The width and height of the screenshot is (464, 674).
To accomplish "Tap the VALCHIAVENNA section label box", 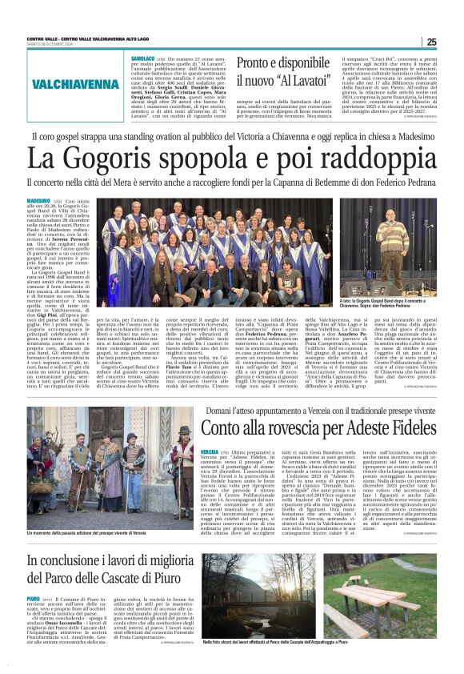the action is pyautogui.click(x=77, y=85).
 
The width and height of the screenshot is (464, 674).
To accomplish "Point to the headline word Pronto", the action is pyautogui.click(x=259, y=65).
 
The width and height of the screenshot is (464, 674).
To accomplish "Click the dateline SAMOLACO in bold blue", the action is pyautogui.click(x=144, y=59).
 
